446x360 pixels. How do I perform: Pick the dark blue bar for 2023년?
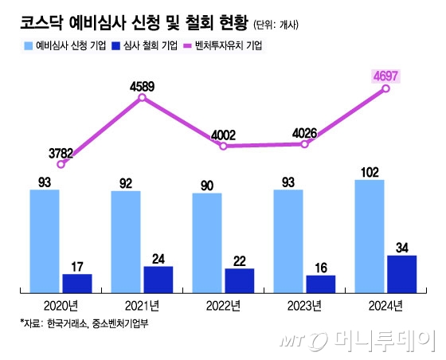320,284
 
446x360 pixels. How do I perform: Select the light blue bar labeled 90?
207,243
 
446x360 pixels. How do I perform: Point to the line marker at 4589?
142,98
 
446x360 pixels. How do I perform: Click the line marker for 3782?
61,163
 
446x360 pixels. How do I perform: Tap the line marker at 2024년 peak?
386,88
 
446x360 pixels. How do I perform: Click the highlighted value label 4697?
385,76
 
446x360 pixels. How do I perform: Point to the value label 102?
370,170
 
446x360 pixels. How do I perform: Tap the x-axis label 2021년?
142,306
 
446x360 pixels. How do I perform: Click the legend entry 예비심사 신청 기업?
65,46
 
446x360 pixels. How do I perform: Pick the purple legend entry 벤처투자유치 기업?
226,46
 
